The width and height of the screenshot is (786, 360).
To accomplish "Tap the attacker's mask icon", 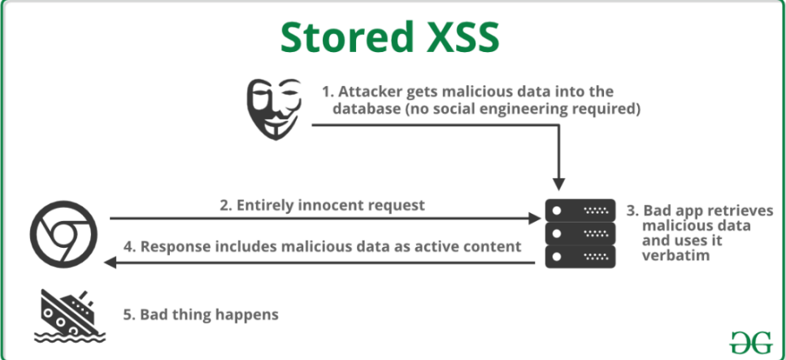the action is coord(275,109).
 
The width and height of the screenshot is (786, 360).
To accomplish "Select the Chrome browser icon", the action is coord(63,234).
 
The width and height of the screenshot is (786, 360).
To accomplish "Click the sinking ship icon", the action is coord(70,316).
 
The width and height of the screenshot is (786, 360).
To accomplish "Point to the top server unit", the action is coord(580,210).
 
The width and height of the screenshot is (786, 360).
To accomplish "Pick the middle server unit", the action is coord(580,233).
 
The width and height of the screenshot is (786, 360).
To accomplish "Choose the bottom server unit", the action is coord(580,257).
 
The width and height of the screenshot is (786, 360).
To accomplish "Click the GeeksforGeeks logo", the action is coord(750,342).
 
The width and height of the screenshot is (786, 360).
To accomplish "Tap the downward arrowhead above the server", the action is coord(559,184).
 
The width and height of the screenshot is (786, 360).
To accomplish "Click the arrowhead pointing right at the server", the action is coord(536,219).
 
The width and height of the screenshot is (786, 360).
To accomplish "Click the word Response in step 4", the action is coord(173,247).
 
